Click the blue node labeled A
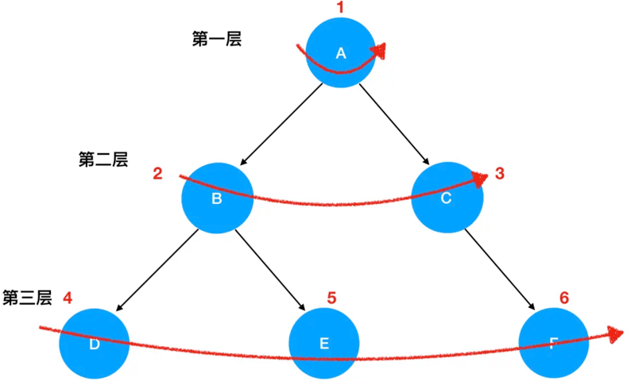pos(341,52)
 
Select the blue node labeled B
pos(217,198)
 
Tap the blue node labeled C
pos(447,198)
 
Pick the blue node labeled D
pos(94,343)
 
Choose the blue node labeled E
pos(323,343)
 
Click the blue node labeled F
pos(553,343)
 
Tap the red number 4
pos(68,298)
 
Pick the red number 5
pos(332,298)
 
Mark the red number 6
pos(563,298)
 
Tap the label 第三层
pos(27,298)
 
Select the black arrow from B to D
pos(157,270)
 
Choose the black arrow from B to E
pos(270,270)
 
